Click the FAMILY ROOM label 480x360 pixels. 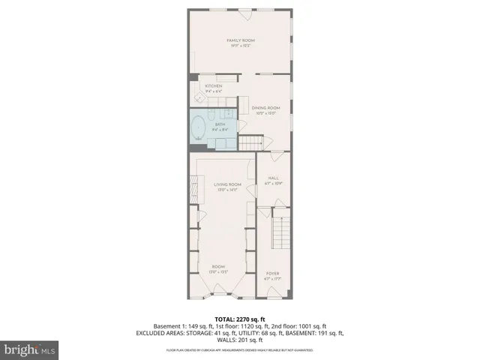(x=240, y=39)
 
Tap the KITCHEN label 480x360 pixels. (x=214, y=85)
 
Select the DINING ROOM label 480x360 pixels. (x=265, y=108)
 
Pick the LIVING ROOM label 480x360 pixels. (x=227, y=184)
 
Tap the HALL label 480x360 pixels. (x=273, y=178)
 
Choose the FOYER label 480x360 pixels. (x=273, y=274)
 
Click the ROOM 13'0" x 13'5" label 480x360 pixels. (x=218, y=266)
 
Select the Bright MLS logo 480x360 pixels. (x=30, y=349)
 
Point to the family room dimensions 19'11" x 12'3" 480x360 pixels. (x=240, y=46)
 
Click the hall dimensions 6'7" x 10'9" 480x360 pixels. (x=273, y=184)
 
